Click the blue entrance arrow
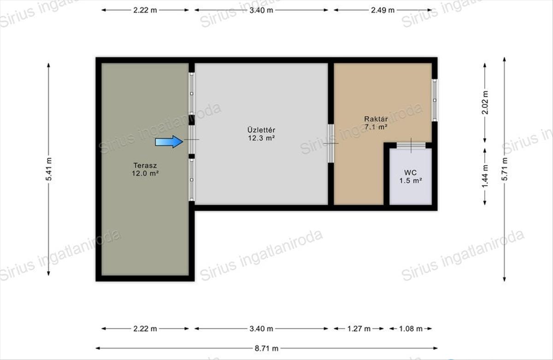click(169, 142)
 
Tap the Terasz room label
click(145, 165)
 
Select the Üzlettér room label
click(261, 130)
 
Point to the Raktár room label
click(376, 119)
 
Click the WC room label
click(410, 172)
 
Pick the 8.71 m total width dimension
click(267, 348)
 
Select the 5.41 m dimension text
click(49, 169)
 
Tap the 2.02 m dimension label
click(485, 102)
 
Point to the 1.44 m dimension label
click(485, 176)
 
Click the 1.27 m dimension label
click(359, 329)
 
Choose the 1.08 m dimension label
click(411, 329)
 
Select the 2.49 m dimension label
click(382, 10)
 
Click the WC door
click(411, 146)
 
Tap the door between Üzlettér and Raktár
click(331, 143)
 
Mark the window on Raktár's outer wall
click(435, 100)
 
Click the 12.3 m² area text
click(261, 138)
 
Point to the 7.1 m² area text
click(376, 127)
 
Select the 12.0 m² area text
click(145, 173)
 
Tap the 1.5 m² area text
click(411, 181)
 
